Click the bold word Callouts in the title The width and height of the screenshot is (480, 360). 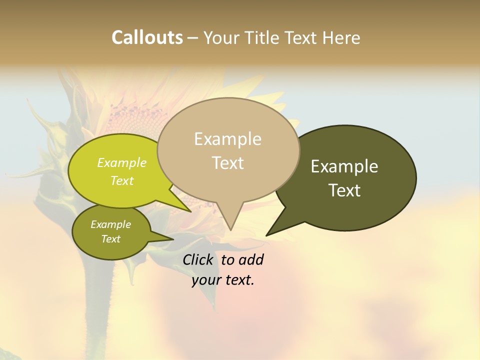pos(147,37)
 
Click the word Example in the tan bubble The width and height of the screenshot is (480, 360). pos(227,139)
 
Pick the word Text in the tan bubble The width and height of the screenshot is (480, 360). pos(227,162)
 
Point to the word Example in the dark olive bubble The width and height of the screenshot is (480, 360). pos(344,166)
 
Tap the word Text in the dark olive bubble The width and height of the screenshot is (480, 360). pos(344,190)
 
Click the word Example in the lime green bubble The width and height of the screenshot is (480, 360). pos(122,162)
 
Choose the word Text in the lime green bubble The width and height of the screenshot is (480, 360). pos(122,180)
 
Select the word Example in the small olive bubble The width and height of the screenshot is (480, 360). pos(110,224)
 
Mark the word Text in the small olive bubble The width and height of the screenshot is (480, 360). pos(110,239)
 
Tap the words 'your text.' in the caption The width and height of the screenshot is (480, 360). pos(222,280)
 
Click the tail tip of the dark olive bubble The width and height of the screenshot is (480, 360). pos(267,234)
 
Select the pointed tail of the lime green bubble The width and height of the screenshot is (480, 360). pos(189,210)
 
